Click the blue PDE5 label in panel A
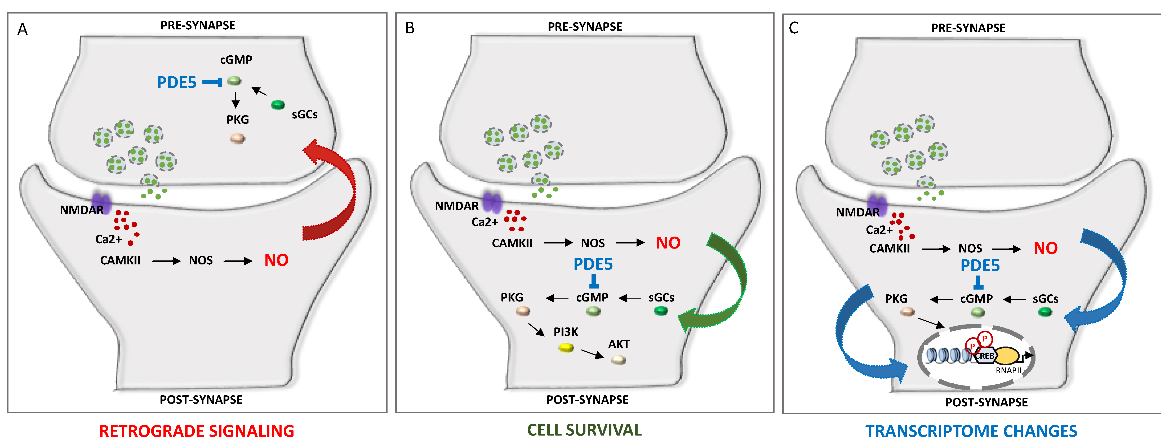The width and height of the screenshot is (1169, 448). [x=176, y=83]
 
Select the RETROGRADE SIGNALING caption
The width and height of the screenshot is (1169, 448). [x=197, y=431]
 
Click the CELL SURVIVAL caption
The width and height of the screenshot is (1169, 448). [x=584, y=430]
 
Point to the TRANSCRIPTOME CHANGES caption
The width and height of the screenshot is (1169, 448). [x=971, y=431]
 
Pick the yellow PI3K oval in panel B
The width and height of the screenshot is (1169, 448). [x=566, y=348]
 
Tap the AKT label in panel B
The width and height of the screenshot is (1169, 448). [x=619, y=344]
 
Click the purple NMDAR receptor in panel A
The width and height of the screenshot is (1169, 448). [x=101, y=202]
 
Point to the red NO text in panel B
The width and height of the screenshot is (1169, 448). [x=668, y=243]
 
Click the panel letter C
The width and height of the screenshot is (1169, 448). [x=793, y=28]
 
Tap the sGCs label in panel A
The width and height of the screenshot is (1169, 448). [x=305, y=114]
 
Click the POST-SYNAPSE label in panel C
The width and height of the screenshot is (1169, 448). [x=986, y=402]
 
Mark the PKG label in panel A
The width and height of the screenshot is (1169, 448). [x=238, y=119]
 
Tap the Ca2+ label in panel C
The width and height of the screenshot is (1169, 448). [x=879, y=230]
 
